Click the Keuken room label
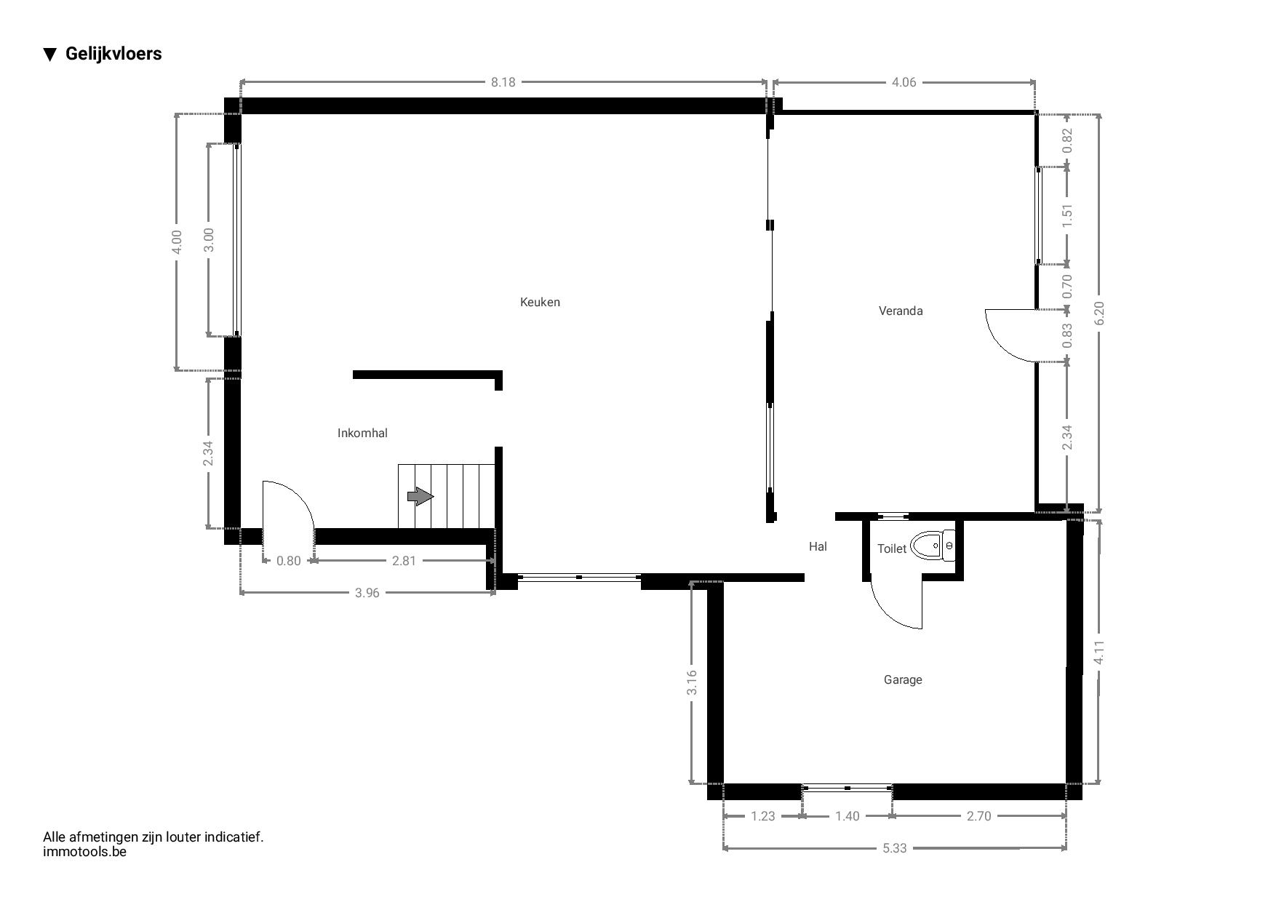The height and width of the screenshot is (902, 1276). [x=540, y=302]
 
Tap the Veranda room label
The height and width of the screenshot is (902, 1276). [x=901, y=311]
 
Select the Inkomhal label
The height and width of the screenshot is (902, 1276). [x=362, y=433]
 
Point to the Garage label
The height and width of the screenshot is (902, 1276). [x=903, y=679]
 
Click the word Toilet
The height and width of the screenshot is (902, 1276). [x=892, y=548]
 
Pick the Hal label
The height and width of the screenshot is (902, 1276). [x=818, y=546]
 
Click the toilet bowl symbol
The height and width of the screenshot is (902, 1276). [x=933, y=546]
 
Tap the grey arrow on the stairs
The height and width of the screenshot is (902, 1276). [x=420, y=496]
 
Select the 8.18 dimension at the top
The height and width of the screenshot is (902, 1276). [x=503, y=81]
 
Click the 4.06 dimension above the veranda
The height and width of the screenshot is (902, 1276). [x=904, y=81]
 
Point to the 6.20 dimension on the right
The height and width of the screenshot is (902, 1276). [x=1098, y=314]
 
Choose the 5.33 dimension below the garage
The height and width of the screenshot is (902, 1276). [x=895, y=847]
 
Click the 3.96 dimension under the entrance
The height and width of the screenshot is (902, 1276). [x=367, y=592]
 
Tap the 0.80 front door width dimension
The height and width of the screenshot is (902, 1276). [x=288, y=560]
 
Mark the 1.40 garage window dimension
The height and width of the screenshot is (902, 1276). [x=847, y=815]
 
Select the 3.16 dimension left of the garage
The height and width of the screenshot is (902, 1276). [x=692, y=682]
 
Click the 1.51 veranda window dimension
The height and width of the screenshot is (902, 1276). [x=1067, y=215]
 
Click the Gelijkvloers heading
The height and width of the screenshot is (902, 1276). [x=113, y=53]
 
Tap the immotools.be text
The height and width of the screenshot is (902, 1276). [x=84, y=851]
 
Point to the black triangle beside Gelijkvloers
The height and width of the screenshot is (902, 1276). [x=49, y=54]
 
